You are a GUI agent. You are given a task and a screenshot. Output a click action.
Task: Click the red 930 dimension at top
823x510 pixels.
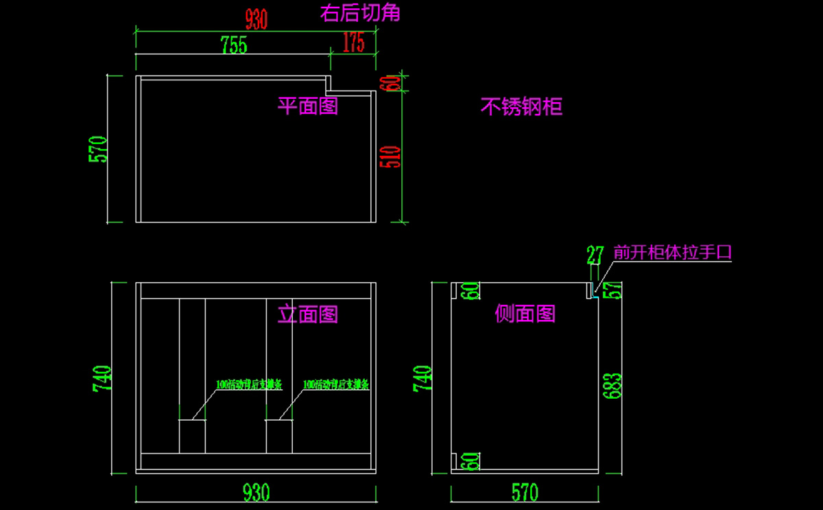[x=256, y=20]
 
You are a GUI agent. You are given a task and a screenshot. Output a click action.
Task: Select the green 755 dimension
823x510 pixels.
[x=234, y=45]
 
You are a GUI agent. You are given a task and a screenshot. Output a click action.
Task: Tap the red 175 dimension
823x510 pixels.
[x=353, y=43]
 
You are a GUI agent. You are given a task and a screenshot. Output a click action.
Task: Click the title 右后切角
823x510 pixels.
[x=360, y=12]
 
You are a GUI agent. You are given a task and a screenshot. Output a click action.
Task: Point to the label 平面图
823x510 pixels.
[x=307, y=106]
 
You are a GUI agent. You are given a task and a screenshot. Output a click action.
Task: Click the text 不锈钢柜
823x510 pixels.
[x=521, y=106]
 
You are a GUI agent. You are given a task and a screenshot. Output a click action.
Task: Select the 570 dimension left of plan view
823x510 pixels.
[x=99, y=149]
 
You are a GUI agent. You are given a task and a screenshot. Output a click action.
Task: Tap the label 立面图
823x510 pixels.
[x=307, y=314]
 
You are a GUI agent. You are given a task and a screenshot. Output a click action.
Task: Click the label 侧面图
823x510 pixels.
[x=525, y=314]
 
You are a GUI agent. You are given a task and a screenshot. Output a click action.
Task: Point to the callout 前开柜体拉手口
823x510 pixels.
[x=673, y=253]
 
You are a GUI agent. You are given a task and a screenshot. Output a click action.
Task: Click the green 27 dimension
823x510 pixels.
[x=595, y=255]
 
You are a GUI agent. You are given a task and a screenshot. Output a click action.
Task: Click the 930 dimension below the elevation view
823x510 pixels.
[x=256, y=492]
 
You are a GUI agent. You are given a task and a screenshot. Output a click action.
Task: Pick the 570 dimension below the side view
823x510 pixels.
[x=525, y=492]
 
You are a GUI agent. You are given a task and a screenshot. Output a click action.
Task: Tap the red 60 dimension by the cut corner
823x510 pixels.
[x=394, y=83]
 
